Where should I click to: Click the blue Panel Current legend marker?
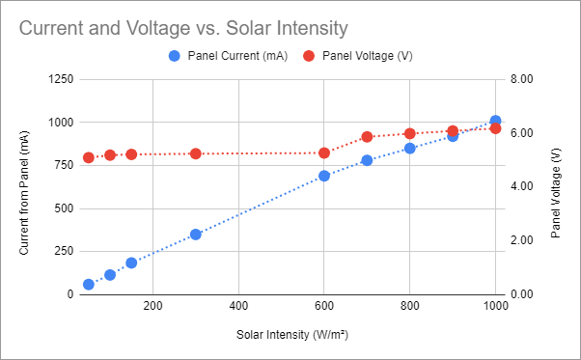click(174, 56)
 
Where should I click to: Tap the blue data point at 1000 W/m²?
click(495, 122)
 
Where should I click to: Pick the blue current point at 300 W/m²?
click(195, 235)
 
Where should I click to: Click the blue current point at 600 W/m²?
click(324, 176)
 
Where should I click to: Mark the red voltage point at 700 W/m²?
click(367, 137)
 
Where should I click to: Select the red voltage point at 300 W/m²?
click(195, 153)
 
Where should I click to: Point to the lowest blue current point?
click(88, 285)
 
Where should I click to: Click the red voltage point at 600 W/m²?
click(324, 152)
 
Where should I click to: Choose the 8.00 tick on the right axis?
click(520, 79)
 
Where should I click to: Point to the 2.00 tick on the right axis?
click(520, 240)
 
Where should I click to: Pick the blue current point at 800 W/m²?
click(409, 149)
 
